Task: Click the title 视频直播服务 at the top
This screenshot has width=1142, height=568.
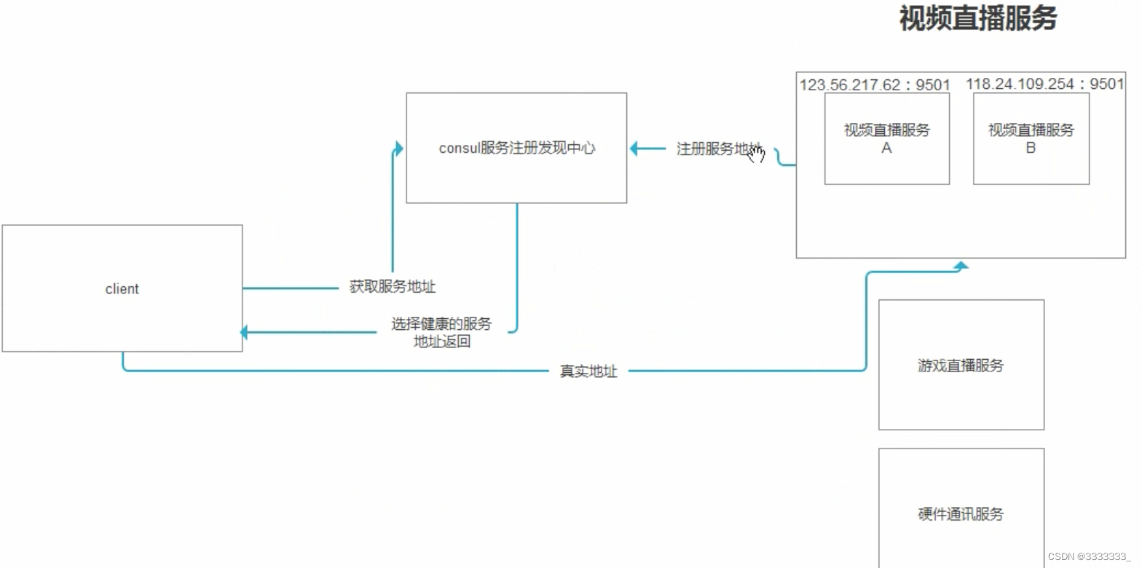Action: tap(977, 19)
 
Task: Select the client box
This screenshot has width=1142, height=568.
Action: tap(122, 288)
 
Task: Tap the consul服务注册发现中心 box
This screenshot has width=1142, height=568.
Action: tap(516, 148)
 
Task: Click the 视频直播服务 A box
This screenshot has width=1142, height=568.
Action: tap(886, 138)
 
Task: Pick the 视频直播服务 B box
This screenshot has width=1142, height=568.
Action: tap(1031, 138)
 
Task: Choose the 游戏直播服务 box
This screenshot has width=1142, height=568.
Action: tap(961, 365)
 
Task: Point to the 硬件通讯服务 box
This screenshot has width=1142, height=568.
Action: tap(961, 513)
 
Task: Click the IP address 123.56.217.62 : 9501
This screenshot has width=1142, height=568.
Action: tap(874, 85)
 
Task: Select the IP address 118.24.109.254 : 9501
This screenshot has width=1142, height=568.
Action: tap(1044, 84)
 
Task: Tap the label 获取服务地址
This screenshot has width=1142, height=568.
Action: tap(392, 287)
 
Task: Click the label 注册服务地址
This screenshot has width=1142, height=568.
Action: tap(717, 149)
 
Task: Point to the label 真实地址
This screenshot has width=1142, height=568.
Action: tap(588, 371)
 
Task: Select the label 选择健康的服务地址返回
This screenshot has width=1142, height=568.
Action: tap(441, 332)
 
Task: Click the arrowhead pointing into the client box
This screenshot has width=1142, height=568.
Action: tap(245, 333)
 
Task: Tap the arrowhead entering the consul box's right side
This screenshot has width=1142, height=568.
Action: tap(634, 149)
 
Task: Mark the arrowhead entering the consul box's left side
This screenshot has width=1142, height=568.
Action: tap(398, 149)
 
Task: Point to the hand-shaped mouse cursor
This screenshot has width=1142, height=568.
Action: tap(756, 154)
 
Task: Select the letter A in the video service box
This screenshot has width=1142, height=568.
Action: tap(886, 148)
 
